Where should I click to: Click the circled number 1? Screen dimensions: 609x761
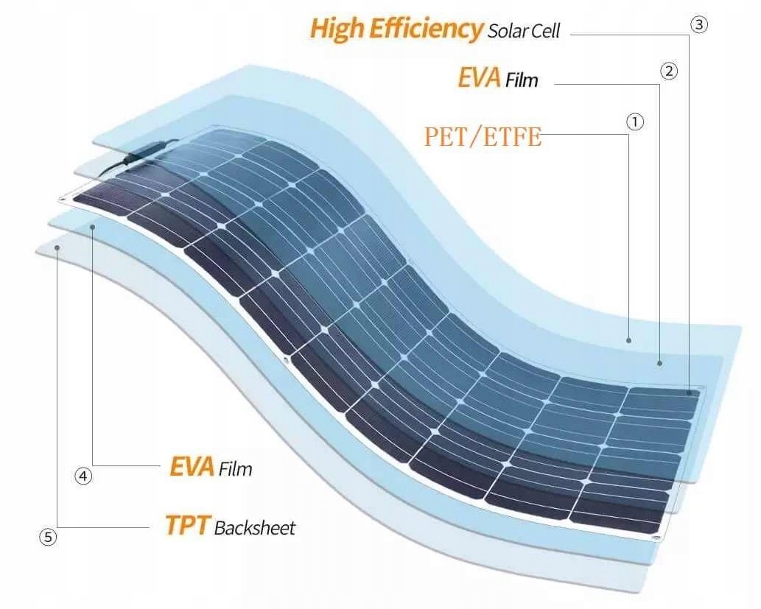click(635, 122)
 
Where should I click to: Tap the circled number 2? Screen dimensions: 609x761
click(669, 71)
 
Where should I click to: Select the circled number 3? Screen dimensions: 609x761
click(699, 24)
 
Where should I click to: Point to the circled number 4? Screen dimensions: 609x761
click(84, 476)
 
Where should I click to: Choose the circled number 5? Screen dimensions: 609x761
click(48, 537)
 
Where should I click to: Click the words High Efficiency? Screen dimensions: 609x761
click(396, 29)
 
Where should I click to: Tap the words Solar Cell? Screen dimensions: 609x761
click(524, 31)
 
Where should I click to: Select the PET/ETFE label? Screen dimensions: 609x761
click(483, 137)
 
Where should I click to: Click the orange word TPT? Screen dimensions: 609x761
click(187, 527)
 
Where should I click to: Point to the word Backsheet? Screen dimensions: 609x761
click(254, 528)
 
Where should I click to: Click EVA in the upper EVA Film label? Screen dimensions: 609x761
click(480, 77)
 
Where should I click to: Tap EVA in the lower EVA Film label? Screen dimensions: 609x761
click(192, 467)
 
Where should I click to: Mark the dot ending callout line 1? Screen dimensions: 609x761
click(628, 340)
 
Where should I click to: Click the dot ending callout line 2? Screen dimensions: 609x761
click(660, 363)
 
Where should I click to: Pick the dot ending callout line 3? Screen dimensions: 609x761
click(692, 393)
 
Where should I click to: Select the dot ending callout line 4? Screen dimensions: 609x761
click(93, 228)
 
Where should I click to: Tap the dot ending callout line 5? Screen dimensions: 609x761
click(58, 249)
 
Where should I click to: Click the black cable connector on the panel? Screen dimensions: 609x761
click(140, 152)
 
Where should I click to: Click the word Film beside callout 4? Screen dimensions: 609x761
click(235, 468)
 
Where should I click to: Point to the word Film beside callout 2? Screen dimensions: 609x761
click(522, 80)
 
